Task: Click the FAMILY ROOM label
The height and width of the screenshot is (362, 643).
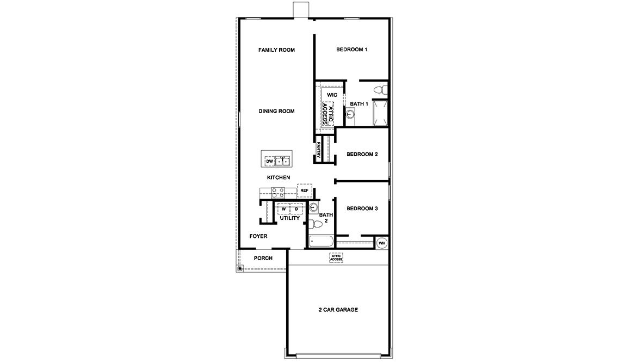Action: coord(276,50)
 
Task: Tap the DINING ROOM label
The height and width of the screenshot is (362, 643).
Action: coord(276,111)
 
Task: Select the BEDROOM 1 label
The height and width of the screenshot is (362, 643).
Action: coord(351,50)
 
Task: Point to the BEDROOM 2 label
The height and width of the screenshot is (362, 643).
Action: coord(362,154)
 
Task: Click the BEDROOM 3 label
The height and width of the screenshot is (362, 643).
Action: coord(362,208)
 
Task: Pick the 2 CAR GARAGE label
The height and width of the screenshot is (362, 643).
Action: coord(338,310)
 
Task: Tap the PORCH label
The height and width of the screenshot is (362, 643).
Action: coord(263,258)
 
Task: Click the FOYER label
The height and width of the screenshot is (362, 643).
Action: coord(258,236)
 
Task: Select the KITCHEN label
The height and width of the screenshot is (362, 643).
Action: coord(278,177)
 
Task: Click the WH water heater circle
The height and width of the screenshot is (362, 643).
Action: coord(382,242)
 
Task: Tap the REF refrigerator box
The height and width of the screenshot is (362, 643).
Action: coord(305,191)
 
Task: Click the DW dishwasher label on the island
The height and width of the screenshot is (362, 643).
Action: coord(269,162)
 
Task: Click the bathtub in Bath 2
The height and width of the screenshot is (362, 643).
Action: coord(321,242)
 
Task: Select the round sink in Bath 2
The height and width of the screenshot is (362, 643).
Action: coord(313,207)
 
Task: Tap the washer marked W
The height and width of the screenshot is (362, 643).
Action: coord(283,209)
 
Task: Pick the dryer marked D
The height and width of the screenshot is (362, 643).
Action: coord(296,209)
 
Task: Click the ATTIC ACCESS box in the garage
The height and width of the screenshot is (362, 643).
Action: coord(336,257)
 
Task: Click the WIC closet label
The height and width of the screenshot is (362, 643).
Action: coord(332,95)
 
